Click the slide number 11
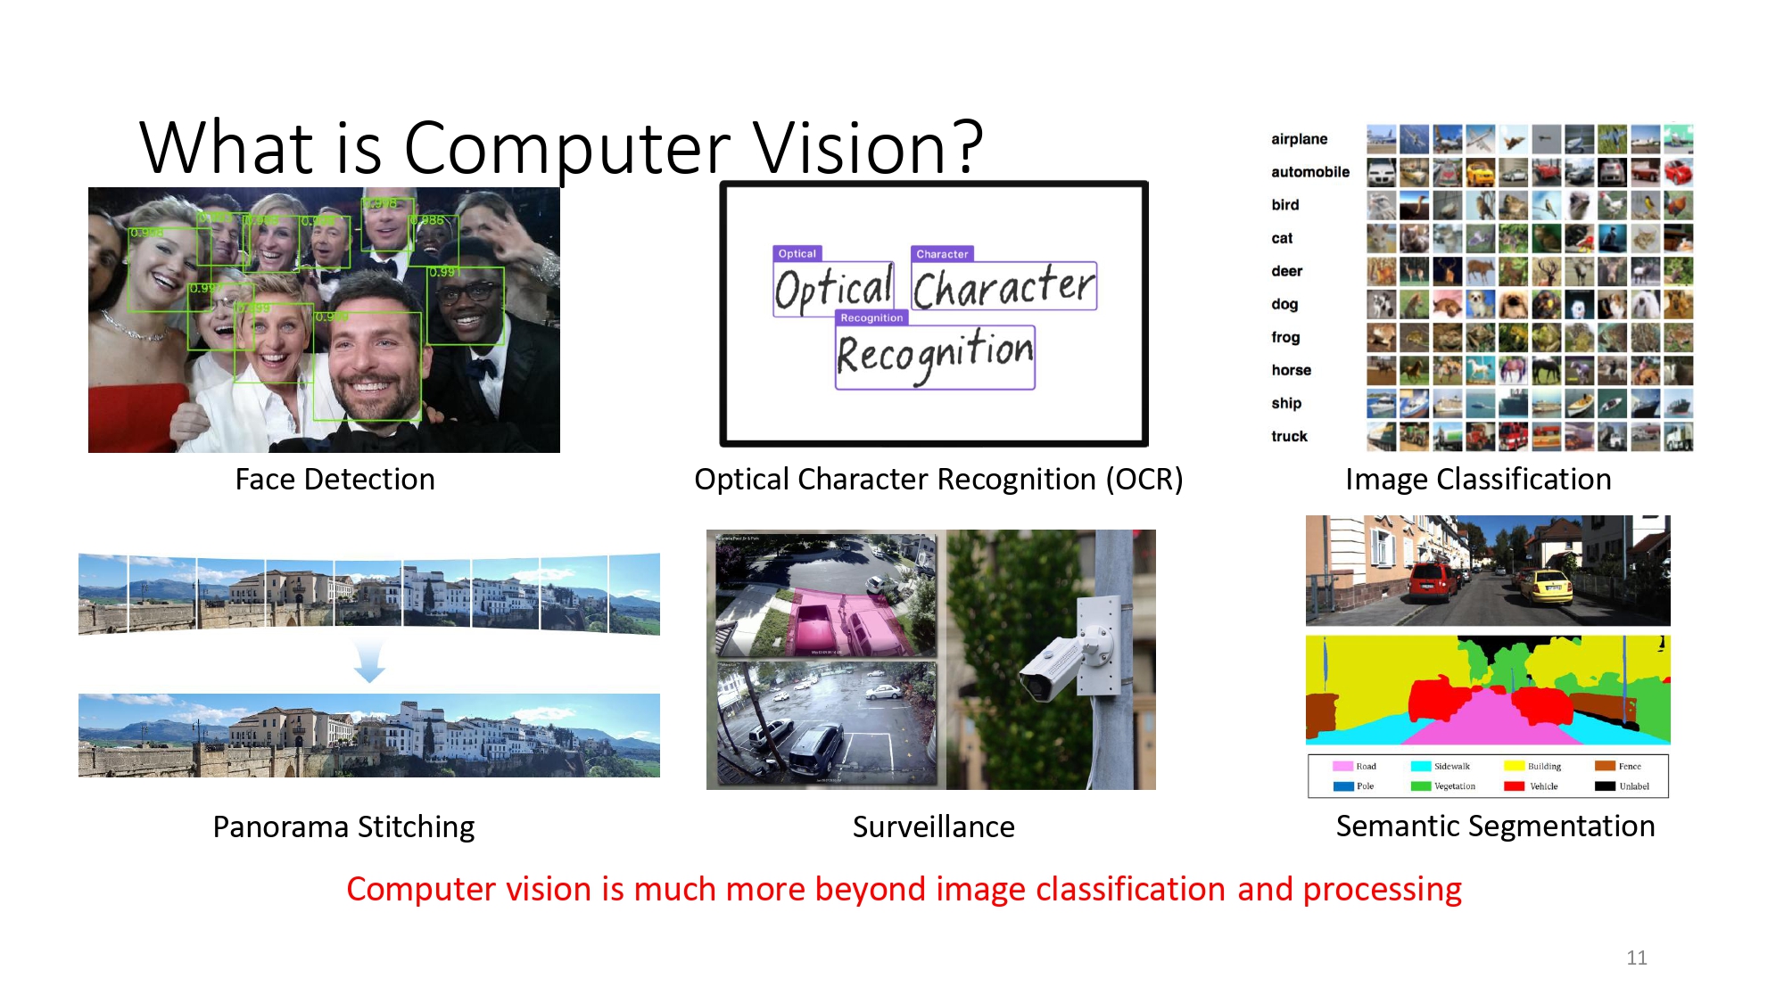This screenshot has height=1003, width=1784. [x=1636, y=958]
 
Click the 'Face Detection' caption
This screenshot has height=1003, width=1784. [x=334, y=480]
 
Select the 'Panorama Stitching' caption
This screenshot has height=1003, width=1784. [x=343, y=827]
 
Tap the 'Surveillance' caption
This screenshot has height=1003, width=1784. [x=933, y=827]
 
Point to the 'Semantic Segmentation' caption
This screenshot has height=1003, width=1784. [x=1495, y=826]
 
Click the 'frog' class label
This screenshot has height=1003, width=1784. [x=1285, y=337]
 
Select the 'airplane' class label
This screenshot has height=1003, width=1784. [x=1299, y=139]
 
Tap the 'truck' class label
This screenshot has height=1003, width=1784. [x=1289, y=436]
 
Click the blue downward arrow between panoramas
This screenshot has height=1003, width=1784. [x=369, y=662]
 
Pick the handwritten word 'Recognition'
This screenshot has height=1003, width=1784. [x=935, y=355]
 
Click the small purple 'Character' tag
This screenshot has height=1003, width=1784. [x=942, y=254]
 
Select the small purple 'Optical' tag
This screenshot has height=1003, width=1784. [x=797, y=254]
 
